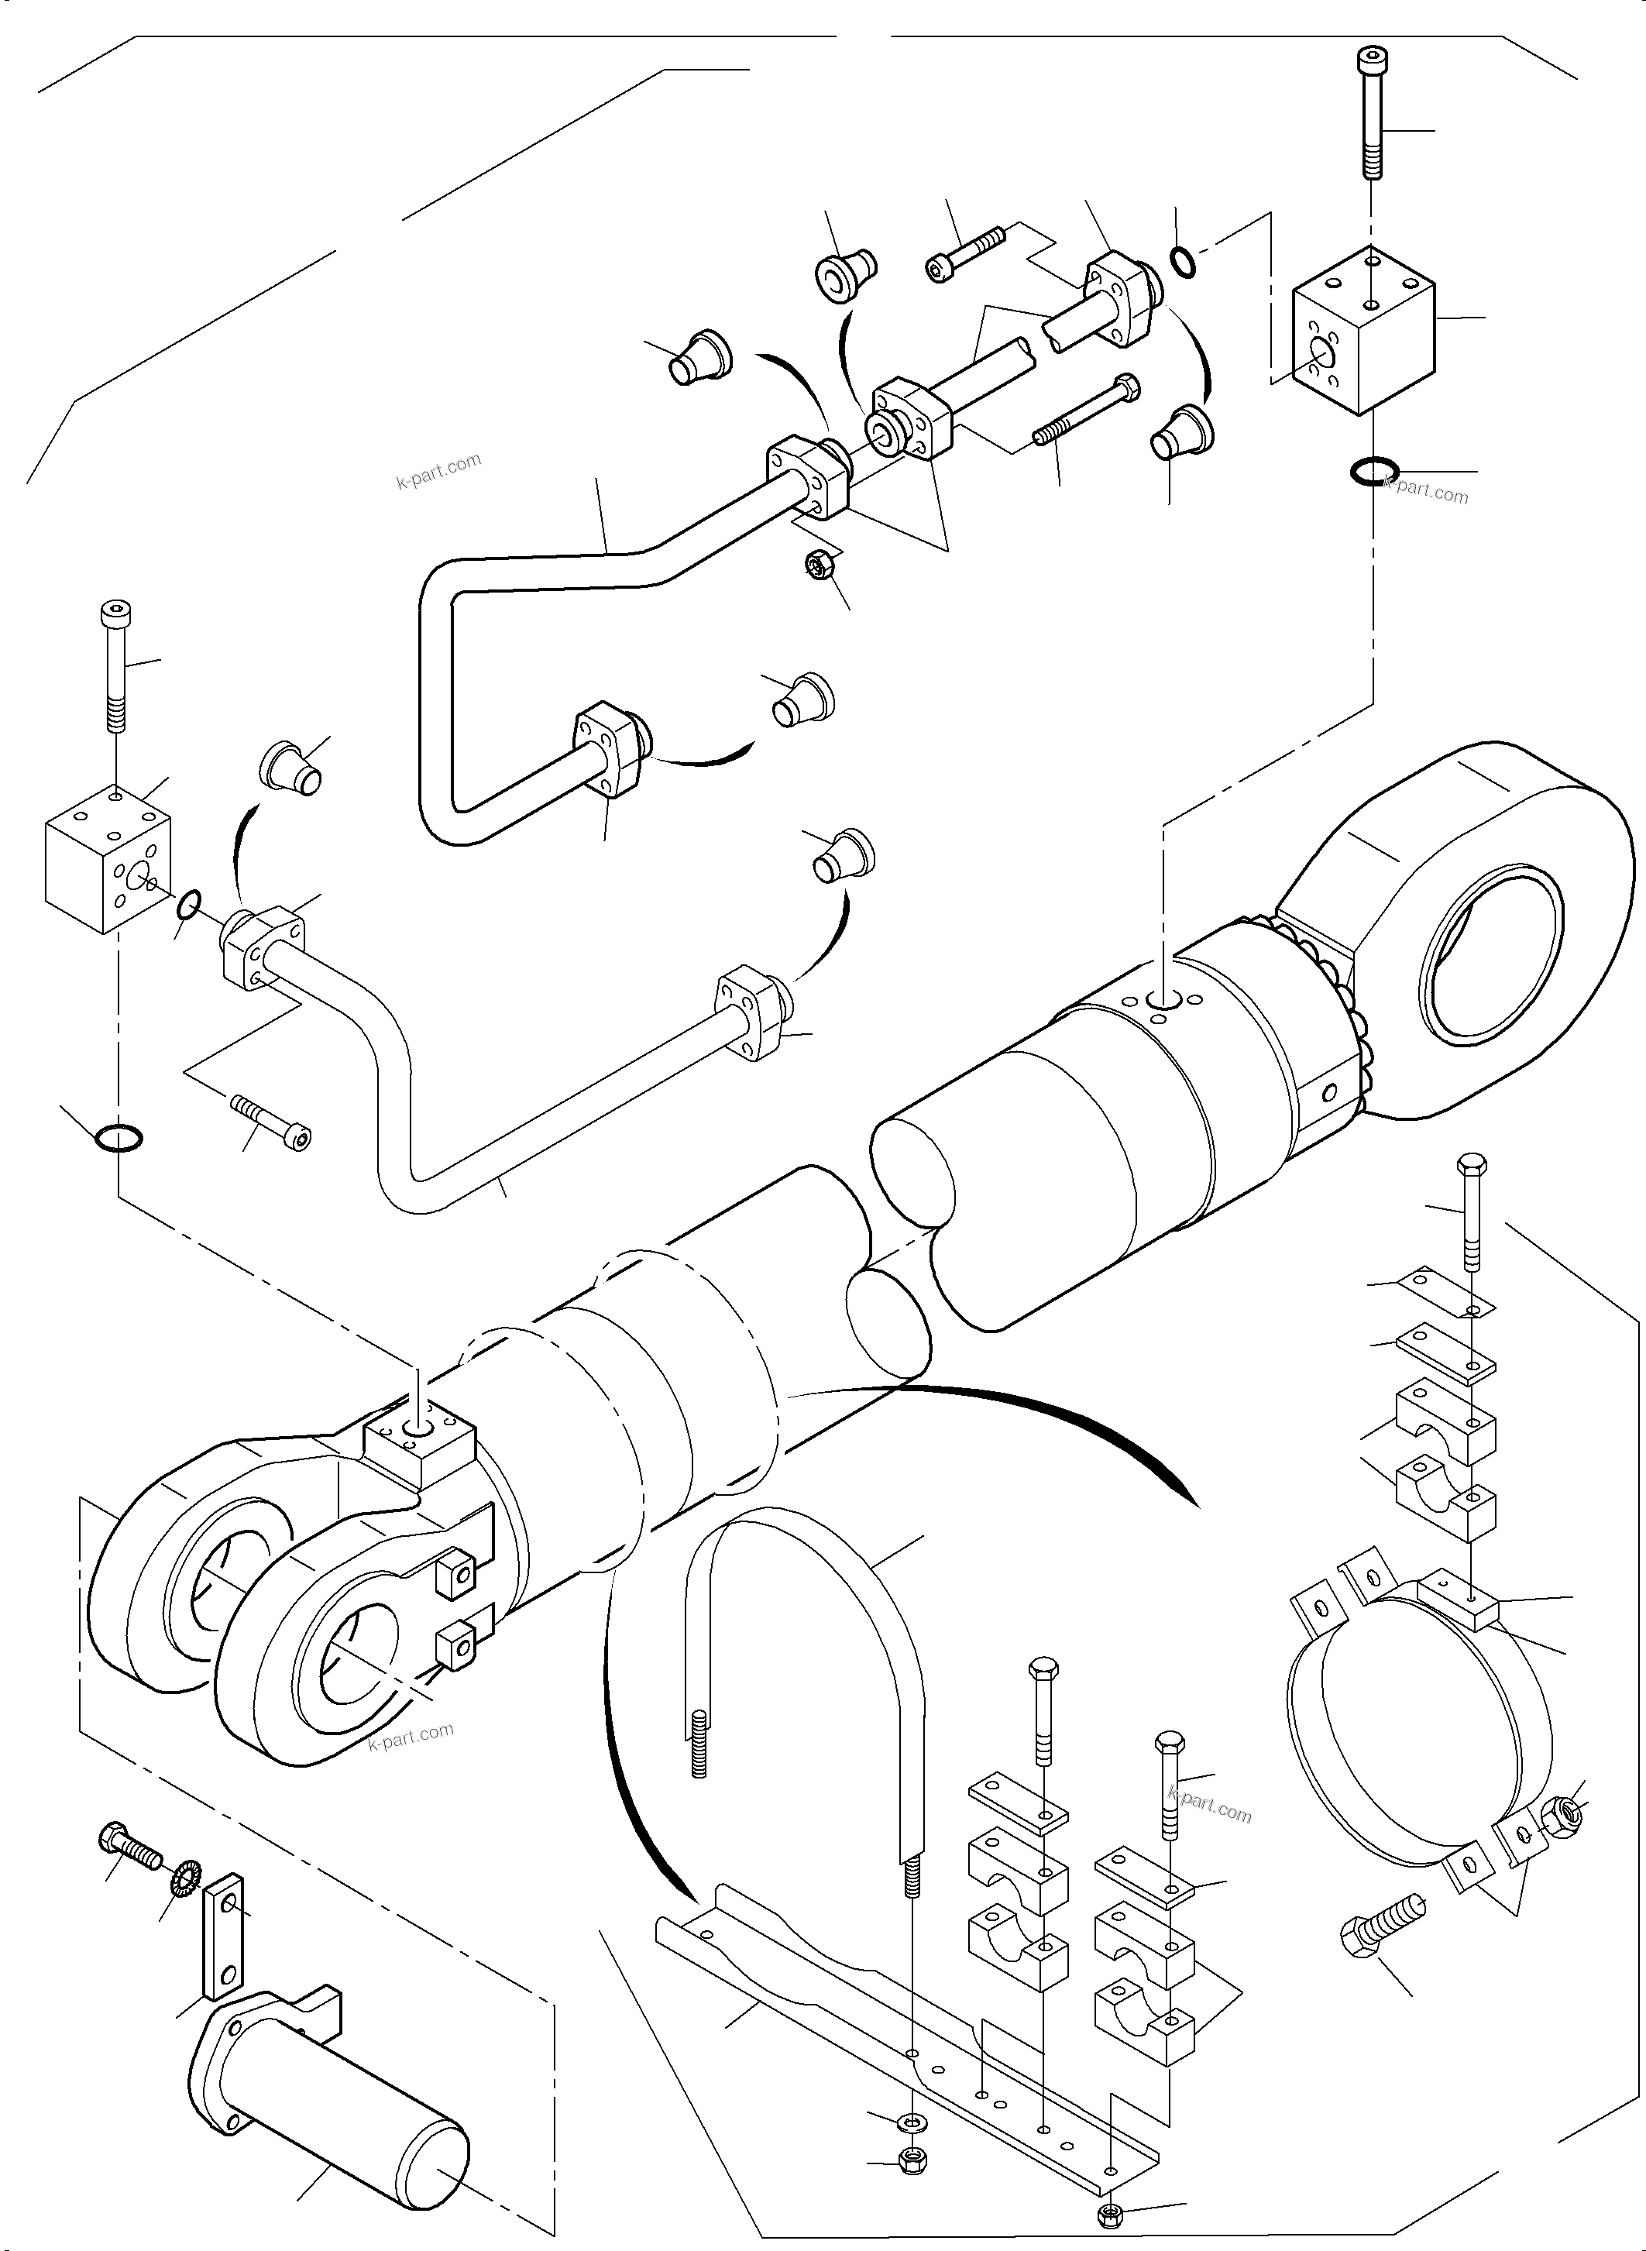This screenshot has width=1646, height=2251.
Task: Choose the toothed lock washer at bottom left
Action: tap(185, 1878)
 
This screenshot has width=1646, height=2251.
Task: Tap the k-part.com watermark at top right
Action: tap(1426, 490)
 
